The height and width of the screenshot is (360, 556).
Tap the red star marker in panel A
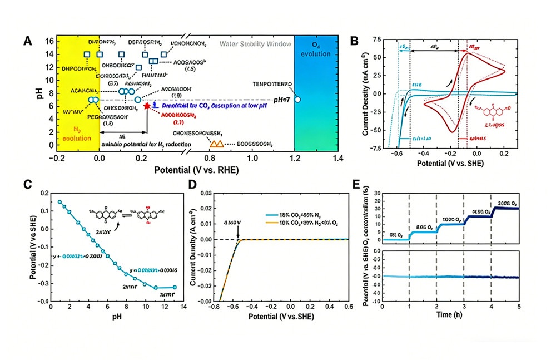pyautogui.click(x=147, y=106)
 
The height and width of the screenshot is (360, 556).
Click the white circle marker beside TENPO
pyautogui.click(x=297, y=100)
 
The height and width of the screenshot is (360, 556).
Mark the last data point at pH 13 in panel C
pyautogui.click(x=175, y=287)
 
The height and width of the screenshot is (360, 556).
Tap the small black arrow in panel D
pyautogui.click(x=238, y=234)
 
